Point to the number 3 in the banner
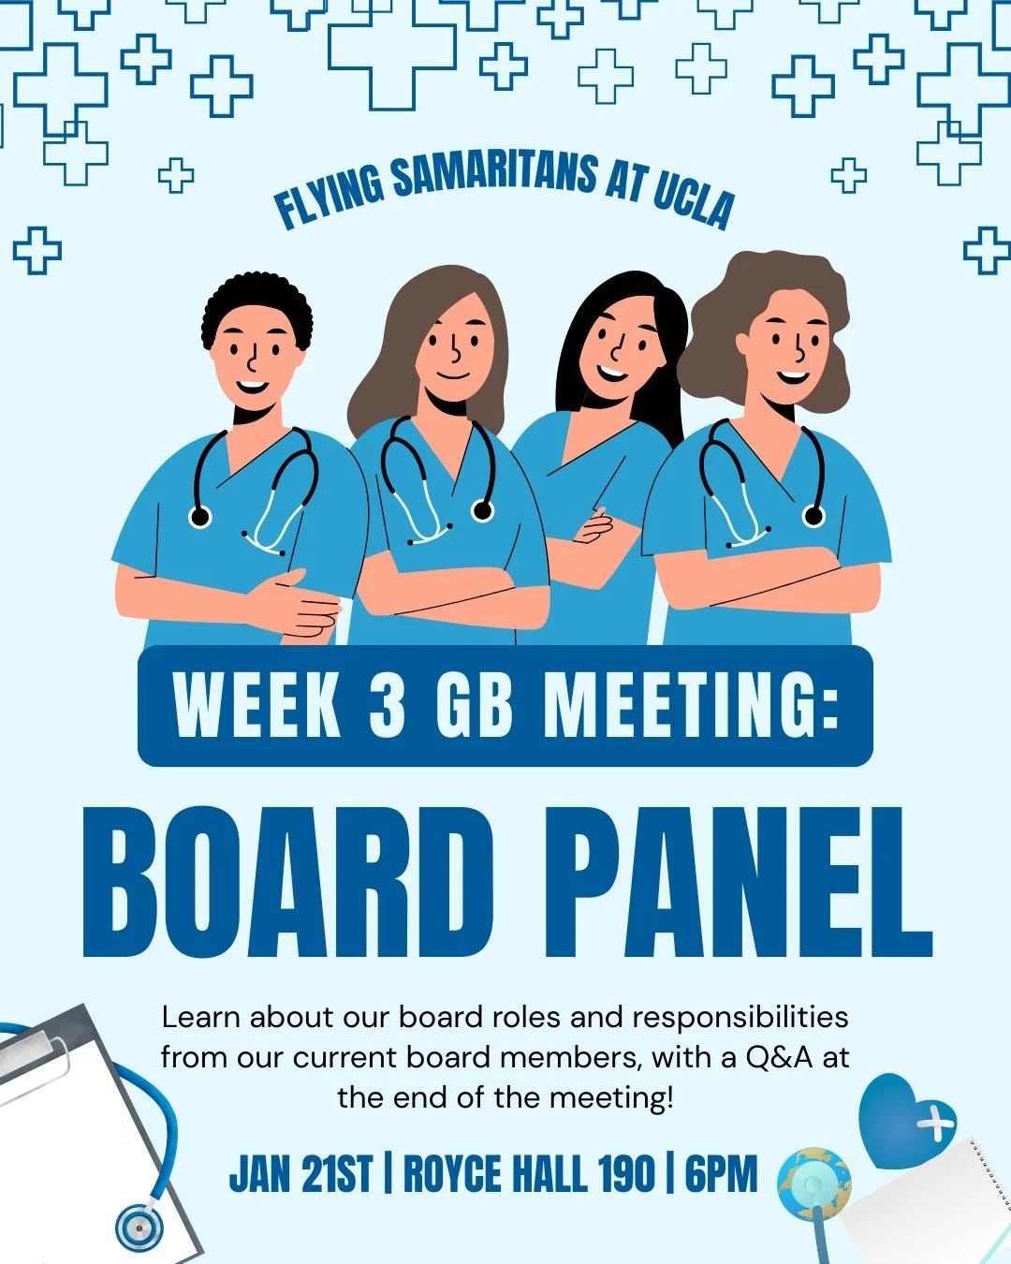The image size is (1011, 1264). point(388,704)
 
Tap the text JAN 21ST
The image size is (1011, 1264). point(300,1174)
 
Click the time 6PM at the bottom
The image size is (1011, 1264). point(721,1174)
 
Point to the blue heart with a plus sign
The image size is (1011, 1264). point(904,1120)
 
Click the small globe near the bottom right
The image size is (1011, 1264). point(813,1182)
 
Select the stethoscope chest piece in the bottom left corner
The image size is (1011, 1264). point(139,1226)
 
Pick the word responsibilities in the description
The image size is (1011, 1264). point(740,1017)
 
